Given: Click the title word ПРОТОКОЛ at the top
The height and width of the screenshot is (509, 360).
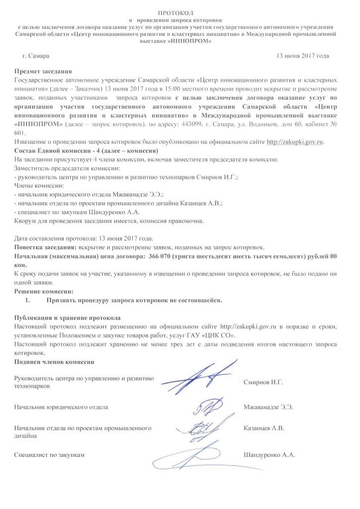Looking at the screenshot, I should click(x=180, y=11).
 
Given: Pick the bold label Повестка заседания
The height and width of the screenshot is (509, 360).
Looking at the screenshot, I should click(x=45, y=247).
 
